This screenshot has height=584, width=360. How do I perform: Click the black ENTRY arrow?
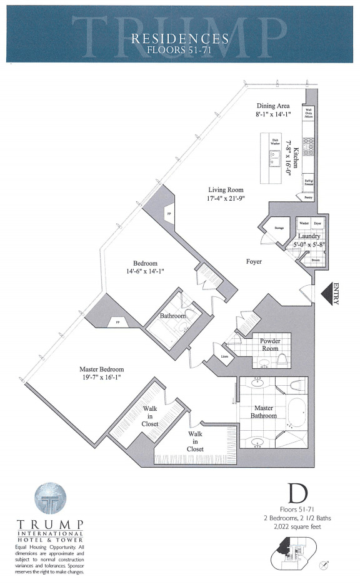326,293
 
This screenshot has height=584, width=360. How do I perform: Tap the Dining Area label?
271,106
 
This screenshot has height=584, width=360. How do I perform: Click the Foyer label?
253,261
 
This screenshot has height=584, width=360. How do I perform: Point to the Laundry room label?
309,236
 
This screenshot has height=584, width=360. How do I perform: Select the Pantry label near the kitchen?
307,198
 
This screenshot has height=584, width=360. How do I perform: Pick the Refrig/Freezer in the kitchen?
309,182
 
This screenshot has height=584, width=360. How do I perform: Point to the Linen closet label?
224,357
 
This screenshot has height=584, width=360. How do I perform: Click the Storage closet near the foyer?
279,228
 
